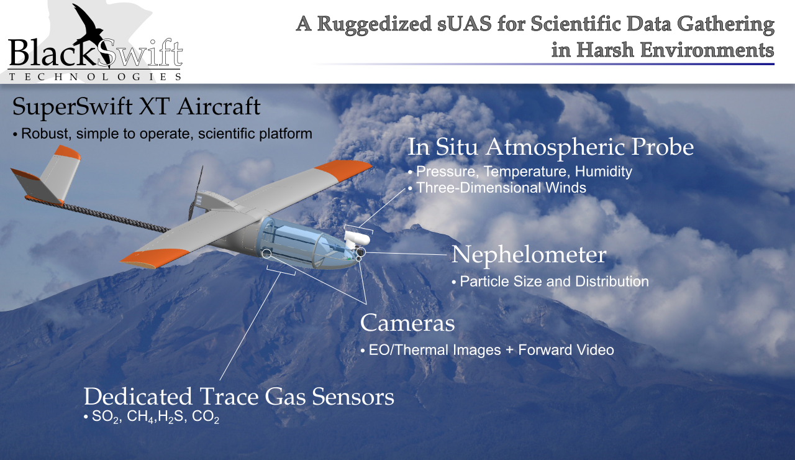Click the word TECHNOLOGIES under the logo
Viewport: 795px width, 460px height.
click(96, 76)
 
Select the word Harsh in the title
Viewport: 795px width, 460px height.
click(605, 50)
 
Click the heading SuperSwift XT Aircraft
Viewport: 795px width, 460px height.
click(136, 106)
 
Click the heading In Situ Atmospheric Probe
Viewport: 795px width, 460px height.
click(550, 147)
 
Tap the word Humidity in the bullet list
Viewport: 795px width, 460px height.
click(603, 172)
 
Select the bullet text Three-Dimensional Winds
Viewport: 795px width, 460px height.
click(501, 188)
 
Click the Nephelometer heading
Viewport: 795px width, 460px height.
click(529, 255)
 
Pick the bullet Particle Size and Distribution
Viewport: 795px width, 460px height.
click(555, 282)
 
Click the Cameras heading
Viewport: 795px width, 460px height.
click(407, 323)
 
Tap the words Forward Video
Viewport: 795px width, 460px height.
click(566, 350)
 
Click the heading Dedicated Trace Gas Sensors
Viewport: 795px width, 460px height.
click(239, 397)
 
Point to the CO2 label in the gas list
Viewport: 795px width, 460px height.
click(206, 417)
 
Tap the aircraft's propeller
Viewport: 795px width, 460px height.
click(196, 193)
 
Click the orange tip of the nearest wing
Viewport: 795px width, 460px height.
click(155, 257)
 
